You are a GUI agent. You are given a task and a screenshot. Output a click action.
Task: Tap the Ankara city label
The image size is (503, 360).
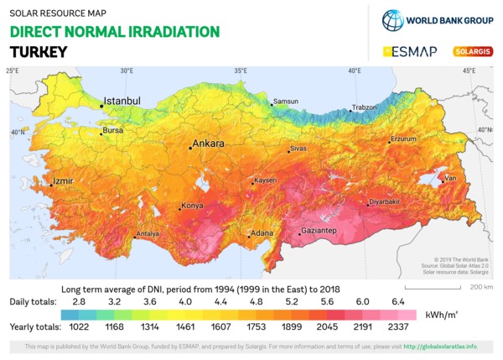click(209, 143)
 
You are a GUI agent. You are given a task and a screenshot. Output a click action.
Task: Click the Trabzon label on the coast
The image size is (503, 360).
click(365, 107)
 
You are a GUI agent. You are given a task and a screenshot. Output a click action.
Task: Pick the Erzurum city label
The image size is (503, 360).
click(403, 138)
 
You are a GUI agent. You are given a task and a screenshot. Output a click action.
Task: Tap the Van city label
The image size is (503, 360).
click(450, 178)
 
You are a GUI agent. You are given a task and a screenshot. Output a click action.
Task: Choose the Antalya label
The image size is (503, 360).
click(148, 233)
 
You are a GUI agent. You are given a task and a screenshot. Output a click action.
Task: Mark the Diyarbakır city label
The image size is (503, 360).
click(385, 201)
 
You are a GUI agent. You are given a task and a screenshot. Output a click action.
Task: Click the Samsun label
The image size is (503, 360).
click(286, 102)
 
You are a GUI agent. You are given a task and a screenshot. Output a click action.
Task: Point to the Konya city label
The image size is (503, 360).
click(193, 206)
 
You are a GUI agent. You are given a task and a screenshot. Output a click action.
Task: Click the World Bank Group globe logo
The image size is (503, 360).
click(392, 20)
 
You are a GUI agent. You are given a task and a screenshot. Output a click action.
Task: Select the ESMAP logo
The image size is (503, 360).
click(410, 52)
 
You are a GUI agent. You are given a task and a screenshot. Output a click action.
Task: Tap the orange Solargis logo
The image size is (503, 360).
click(473, 51)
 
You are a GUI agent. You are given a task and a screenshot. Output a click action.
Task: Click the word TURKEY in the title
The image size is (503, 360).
click(38, 52)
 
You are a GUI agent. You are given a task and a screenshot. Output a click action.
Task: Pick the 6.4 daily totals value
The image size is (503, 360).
click(397, 300)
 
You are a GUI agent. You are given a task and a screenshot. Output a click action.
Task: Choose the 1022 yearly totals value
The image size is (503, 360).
click(79, 326)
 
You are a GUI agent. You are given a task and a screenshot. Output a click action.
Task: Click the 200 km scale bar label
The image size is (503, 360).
click(481, 287)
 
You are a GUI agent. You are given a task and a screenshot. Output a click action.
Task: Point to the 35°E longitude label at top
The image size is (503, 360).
click(240, 70)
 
